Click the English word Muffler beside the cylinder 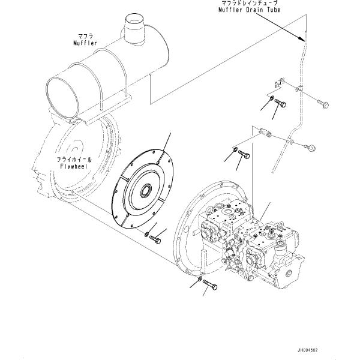coord(85,43)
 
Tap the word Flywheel coord(74,166)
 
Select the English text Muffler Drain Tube coord(250,10)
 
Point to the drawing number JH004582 coord(307,350)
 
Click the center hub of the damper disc coord(146,191)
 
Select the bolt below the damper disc coord(155,239)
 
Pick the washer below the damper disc coord(146,235)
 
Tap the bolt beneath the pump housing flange coord(210,285)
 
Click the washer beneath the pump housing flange coord(200,279)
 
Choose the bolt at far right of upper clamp coord(323,104)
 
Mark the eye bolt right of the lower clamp coord(310,148)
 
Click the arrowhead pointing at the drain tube coord(302,39)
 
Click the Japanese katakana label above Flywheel coord(74,160)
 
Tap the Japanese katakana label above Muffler coord(85,36)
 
